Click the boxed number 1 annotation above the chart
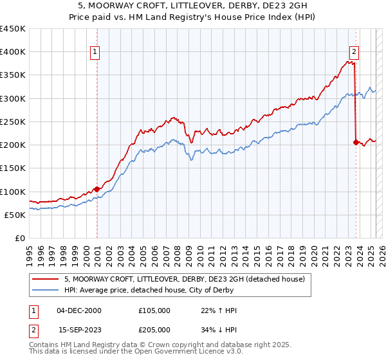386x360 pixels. click(x=95, y=52)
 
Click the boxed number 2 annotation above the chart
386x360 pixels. click(x=354, y=52)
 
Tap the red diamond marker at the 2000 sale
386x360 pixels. click(x=97, y=189)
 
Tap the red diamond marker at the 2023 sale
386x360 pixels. click(x=356, y=142)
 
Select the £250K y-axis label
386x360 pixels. click(x=13, y=122)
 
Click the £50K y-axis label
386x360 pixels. click(x=15, y=215)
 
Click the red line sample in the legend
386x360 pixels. click(x=46, y=278)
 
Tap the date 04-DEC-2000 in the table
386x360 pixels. click(x=80, y=310)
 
